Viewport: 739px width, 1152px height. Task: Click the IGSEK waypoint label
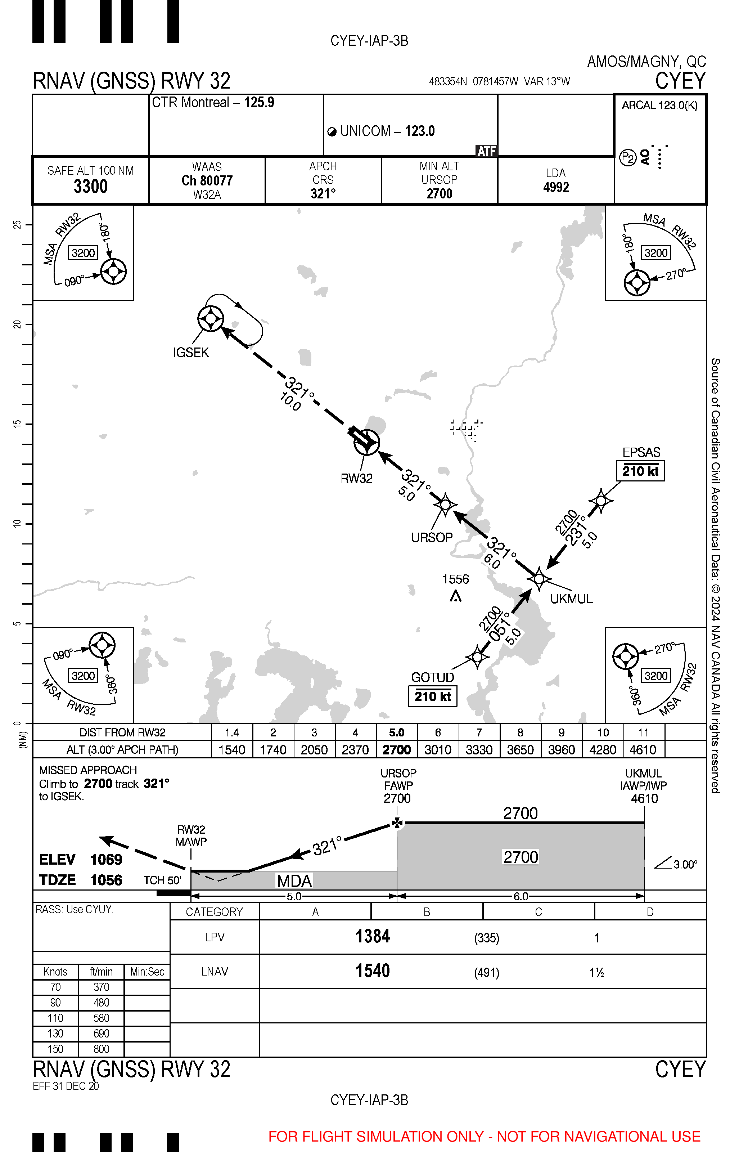tap(191, 353)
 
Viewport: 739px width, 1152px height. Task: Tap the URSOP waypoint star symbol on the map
tap(445, 505)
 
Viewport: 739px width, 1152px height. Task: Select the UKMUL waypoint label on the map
tap(572, 599)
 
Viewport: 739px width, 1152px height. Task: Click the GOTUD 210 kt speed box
tap(432, 696)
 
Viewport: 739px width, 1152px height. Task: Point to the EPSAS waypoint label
tap(641, 452)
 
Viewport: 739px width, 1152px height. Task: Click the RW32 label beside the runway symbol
tap(357, 478)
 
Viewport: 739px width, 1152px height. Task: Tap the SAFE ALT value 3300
tap(91, 186)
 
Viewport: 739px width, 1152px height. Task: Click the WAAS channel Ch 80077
tap(207, 180)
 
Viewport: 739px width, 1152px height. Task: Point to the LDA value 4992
tap(556, 187)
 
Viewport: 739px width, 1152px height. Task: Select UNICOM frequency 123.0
tap(419, 131)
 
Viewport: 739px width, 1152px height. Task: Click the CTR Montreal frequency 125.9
tap(259, 102)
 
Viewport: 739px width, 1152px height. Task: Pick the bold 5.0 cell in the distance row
tap(396, 732)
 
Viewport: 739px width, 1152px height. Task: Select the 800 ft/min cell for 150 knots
tap(101, 1049)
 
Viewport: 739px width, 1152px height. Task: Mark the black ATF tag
tap(486, 151)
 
